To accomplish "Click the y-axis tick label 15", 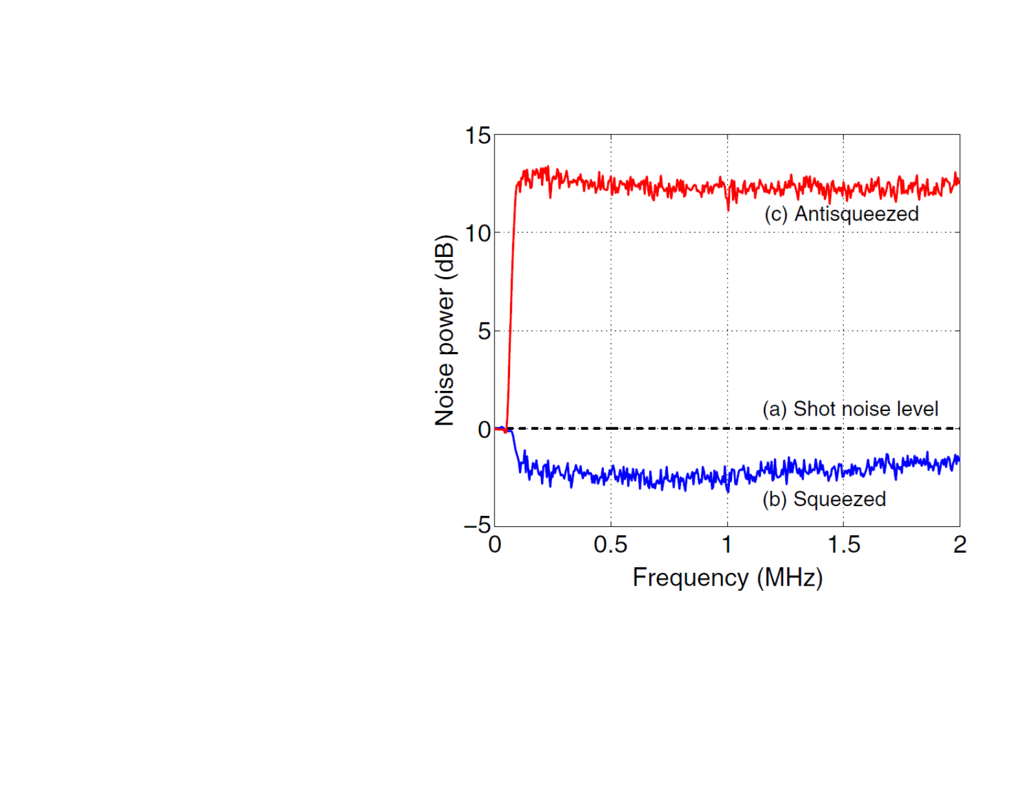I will pyautogui.click(x=478, y=136).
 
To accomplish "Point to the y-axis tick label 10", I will pyautogui.click(x=478, y=234).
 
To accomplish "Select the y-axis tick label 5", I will pyautogui.click(x=484, y=332).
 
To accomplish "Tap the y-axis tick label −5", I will pyautogui.click(x=478, y=525).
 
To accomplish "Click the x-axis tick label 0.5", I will pyautogui.click(x=610, y=545).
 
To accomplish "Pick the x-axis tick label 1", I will pyautogui.click(x=727, y=545).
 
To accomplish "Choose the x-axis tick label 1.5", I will pyautogui.click(x=843, y=545).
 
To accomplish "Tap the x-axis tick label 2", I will pyautogui.click(x=959, y=545).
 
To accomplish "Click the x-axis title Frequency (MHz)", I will pyautogui.click(x=727, y=577).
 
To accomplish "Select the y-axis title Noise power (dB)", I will pyautogui.click(x=445, y=330).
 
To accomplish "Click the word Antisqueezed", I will pyautogui.click(x=856, y=214).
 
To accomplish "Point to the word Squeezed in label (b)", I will pyautogui.click(x=839, y=499).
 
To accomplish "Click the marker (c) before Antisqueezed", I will pyautogui.click(x=775, y=214).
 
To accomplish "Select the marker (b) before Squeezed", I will pyautogui.click(x=774, y=500).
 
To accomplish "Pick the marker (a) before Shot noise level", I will pyautogui.click(x=774, y=410).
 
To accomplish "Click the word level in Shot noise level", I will pyautogui.click(x=916, y=409).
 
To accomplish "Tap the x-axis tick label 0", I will pyautogui.click(x=494, y=545).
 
